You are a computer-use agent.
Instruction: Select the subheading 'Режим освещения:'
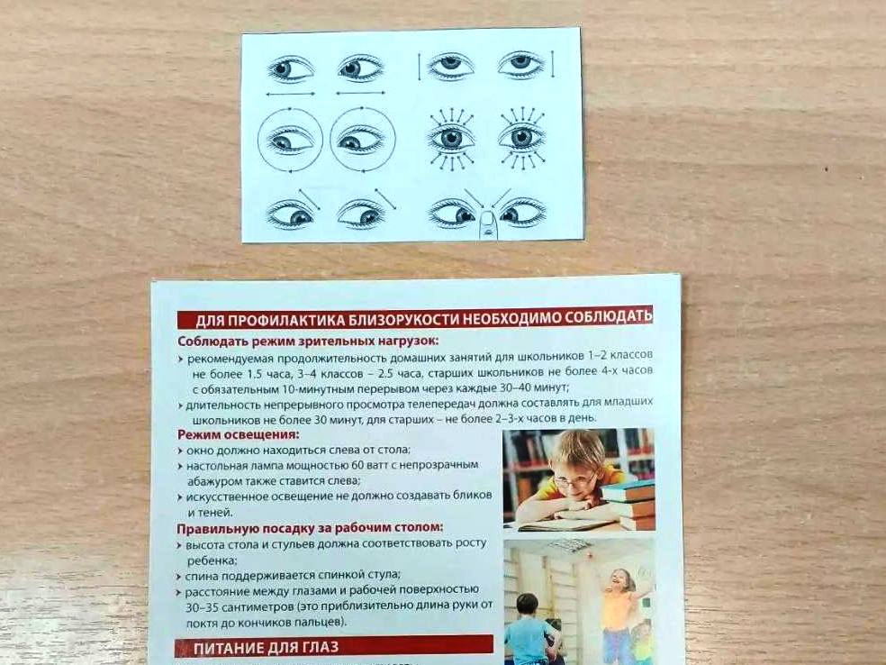tap(238, 435)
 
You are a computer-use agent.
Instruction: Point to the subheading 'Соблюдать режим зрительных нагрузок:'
tap(308, 341)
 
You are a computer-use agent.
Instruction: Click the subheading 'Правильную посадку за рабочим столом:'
tap(310, 528)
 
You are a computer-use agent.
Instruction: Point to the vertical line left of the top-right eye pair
tap(420, 67)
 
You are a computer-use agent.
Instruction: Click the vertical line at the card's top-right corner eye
tap(553, 63)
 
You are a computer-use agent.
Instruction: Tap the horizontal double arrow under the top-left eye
tap(291, 94)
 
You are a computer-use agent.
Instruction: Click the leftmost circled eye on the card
tap(291, 139)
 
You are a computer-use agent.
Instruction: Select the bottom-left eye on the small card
tap(290, 214)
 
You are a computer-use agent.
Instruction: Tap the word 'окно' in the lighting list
tap(198, 451)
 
